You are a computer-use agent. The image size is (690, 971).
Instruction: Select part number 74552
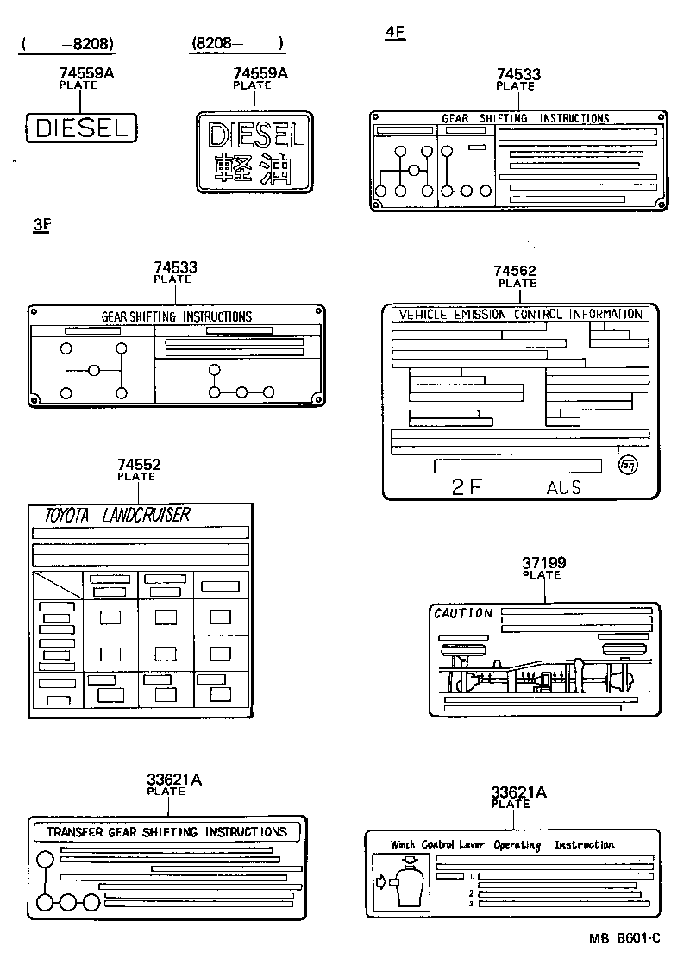click(139, 465)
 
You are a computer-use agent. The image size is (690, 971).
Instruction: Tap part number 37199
click(543, 563)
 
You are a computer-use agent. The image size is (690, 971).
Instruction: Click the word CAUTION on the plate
click(462, 614)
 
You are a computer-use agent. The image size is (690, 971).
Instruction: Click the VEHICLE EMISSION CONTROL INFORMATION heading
click(520, 315)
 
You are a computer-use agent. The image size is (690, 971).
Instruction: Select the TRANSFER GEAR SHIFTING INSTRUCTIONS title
click(166, 832)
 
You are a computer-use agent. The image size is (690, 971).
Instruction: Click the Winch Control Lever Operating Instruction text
click(502, 845)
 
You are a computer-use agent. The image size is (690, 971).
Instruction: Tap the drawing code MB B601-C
click(625, 938)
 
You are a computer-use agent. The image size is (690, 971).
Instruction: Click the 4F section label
click(395, 33)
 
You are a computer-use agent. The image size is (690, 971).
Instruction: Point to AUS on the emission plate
click(563, 488)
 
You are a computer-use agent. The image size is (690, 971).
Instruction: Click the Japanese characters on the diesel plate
click(253, 168)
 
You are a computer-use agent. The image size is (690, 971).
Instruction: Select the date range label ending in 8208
click(68, 43)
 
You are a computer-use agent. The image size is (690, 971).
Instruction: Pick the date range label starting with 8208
click(236, 43)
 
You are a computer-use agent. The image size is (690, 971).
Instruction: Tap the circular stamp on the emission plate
click(630, 467)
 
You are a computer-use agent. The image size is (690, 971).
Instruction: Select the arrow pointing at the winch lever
click(383, 881)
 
